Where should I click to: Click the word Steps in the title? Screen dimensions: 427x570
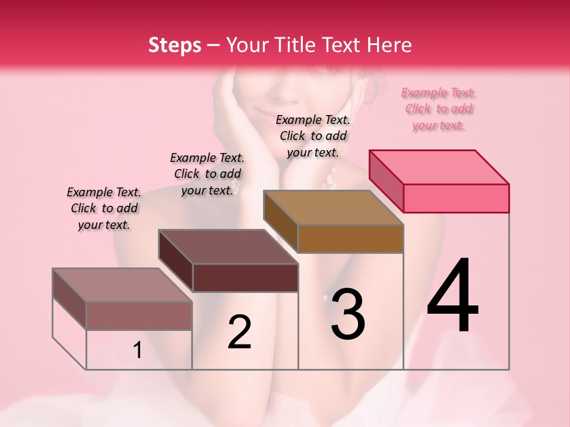(x=175, y=45)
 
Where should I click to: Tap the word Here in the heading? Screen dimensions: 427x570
(x=389, y=45)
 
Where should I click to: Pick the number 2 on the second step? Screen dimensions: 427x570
(x=240, y=332)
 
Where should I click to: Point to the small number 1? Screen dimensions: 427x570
(x=138, y=350)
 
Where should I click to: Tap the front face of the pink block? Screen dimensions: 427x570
(x=456, y=198)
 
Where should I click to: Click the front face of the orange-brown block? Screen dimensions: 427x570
(x=350, y=238)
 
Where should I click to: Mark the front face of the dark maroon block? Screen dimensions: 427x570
(x=245, y=278)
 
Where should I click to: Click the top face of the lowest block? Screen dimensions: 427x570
(x=122, y=285)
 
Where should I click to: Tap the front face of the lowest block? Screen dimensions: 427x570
(x=139, y=316)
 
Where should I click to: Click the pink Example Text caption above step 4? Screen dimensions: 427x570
(x=439, y=109)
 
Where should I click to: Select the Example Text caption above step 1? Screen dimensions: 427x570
(x=104, y=208)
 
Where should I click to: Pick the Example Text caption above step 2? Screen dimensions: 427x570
(x=207, y=174)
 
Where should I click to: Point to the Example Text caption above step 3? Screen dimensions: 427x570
(x=313, y=136)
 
